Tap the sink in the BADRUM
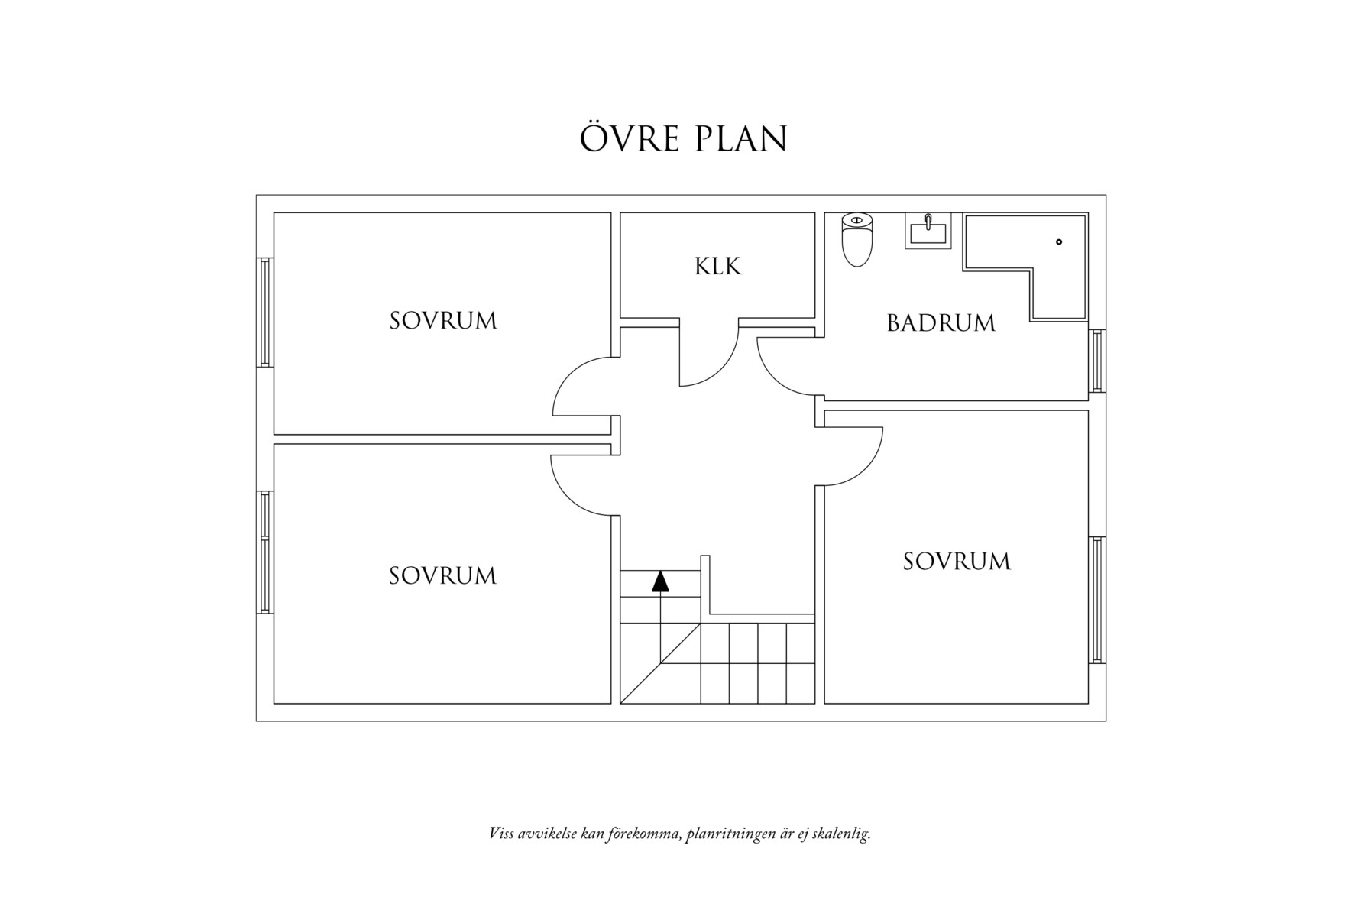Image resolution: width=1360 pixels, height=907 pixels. (x=928, y=230)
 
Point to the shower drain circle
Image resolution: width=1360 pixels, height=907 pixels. (x=1059, y=242)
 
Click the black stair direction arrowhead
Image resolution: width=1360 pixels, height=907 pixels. (x=660, y=581)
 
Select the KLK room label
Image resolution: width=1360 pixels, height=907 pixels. (x=717, y=267)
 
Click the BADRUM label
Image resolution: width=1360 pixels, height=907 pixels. (x=941, y=323)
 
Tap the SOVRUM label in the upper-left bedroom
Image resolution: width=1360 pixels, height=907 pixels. (x=443, y=321)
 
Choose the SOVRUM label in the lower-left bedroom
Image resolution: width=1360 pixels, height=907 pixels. (x=442, y=576)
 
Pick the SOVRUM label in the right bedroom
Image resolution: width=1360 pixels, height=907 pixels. (x=957, y=562)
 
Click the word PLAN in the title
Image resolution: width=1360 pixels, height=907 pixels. (x=740, y=139)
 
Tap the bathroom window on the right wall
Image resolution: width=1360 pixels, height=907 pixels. (x=1097, y=361)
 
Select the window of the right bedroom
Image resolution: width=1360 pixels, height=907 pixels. (x=1097, y=600)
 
